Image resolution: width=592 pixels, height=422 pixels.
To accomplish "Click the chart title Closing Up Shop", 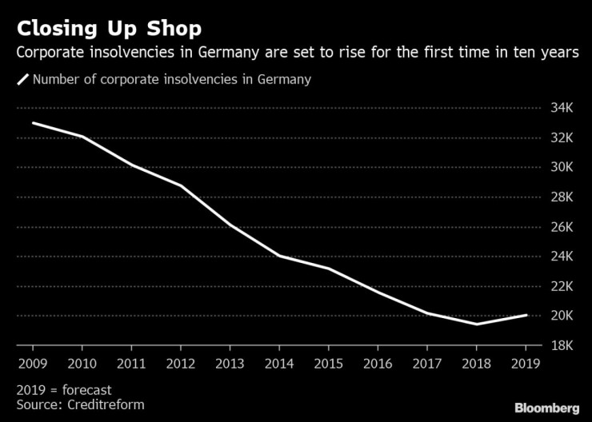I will click(x=109, y=29).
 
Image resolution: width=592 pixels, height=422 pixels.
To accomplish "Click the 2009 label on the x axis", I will click(x=33, y=364).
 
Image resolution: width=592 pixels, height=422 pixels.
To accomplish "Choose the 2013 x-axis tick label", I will click(x=230, y=364).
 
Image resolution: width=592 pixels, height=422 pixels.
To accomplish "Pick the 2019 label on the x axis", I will click(x=526, y=364).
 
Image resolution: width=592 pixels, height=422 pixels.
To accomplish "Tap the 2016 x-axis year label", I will click(x=378, y=364).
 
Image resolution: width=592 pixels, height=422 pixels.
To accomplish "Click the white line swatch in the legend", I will click(x=23, y=79).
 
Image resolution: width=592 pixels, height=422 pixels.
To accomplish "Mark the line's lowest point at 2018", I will click(x=477, y=324).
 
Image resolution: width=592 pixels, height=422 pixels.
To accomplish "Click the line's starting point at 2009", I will click(x=33, y=123).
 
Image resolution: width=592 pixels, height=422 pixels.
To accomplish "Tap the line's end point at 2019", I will click(x=526, y=315).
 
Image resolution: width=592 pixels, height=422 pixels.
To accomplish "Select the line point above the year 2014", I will click(x=279, y=256).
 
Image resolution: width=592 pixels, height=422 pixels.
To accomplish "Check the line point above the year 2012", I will click(x=181, y=185).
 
